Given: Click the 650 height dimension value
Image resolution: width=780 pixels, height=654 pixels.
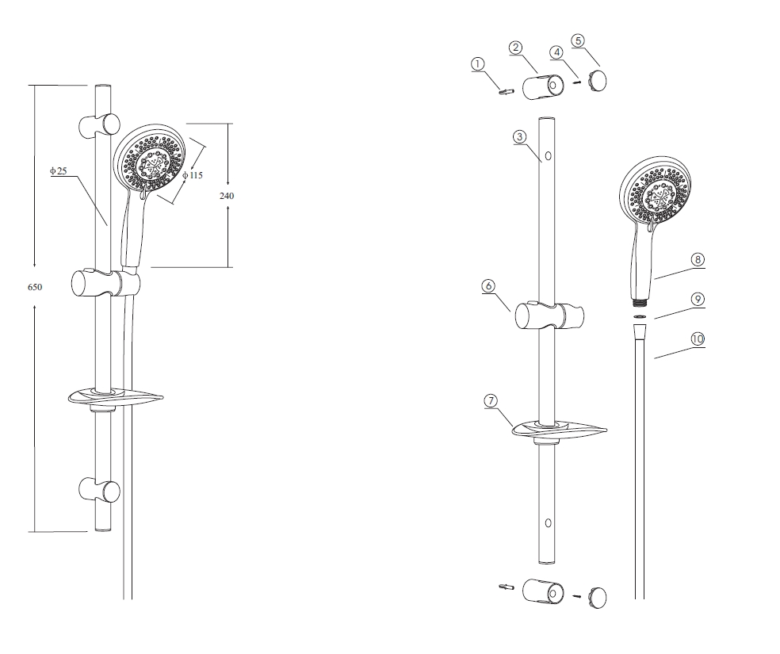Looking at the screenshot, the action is (35, 287).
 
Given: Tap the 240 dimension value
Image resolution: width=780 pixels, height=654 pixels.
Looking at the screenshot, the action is (227, 196).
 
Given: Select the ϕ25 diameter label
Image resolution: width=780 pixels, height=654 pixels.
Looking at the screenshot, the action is (58, 171).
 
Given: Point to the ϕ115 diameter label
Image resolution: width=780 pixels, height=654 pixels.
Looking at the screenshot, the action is (193, 175).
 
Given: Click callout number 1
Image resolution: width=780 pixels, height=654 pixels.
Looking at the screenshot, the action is (477, 64).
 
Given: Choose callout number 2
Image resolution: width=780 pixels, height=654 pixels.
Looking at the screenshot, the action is (516, 48).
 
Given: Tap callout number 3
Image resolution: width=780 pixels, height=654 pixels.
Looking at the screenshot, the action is (520, 137).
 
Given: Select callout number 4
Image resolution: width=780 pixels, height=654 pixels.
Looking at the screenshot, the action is (556, 52).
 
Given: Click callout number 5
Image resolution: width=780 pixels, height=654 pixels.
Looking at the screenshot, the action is (578, 40).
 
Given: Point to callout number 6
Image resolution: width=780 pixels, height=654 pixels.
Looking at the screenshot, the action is (488, 286).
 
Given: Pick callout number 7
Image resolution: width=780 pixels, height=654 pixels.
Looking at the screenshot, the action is (491, 401).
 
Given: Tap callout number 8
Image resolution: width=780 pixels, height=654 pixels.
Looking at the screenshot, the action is (698, 259).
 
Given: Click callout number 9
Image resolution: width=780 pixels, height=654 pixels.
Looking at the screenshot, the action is (698, 300).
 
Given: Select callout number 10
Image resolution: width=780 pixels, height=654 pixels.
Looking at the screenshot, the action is (698, 339).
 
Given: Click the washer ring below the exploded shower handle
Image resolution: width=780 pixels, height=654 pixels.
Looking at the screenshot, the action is (640, 316).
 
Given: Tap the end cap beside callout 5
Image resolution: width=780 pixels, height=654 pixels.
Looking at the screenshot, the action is (597, 81).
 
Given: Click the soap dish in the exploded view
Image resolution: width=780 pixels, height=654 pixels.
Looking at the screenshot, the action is (560, 430).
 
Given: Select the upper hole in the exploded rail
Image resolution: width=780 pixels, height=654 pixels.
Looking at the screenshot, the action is (549, 155).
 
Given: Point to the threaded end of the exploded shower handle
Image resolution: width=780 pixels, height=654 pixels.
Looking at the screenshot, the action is (640, 301).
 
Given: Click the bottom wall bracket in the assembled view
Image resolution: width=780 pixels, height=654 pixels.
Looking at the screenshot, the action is (100, 491).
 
